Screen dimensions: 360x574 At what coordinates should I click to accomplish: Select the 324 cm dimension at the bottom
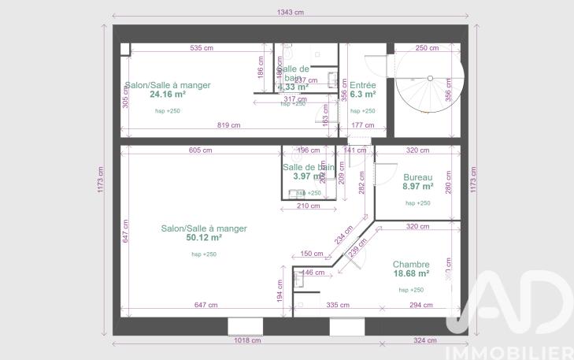(424, 340)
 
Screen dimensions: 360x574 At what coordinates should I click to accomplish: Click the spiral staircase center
(430, 77)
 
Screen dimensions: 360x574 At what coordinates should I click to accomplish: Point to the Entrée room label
(362, 85)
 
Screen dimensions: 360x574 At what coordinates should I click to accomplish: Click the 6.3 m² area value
(362, 94)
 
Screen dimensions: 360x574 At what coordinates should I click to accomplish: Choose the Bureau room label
(418, 178)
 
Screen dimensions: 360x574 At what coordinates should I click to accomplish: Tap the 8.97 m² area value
(418, 187)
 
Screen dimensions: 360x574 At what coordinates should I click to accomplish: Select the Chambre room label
(411, 265)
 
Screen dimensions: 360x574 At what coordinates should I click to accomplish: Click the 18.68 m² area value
(411, 273)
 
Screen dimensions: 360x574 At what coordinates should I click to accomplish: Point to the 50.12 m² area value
(203, 237)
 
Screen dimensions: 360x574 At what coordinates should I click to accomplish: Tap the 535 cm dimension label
(202, 48)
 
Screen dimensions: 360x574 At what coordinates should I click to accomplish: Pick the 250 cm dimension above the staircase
(427, 48)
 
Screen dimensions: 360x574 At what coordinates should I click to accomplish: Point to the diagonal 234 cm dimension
(344, 234)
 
